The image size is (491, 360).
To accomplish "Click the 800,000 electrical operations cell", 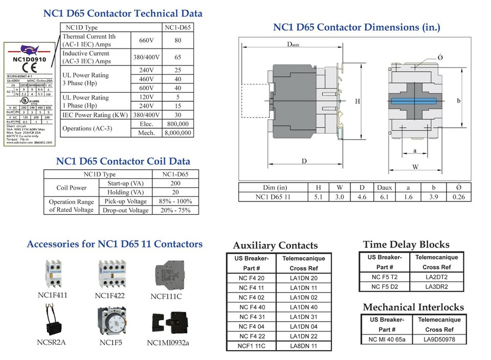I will [177, 124].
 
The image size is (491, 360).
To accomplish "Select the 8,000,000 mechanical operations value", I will [177, 133].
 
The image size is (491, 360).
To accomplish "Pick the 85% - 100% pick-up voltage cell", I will [175, 201].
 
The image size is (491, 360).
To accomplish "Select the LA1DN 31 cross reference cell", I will [303, 317].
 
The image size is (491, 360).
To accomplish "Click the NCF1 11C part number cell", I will [252, 346].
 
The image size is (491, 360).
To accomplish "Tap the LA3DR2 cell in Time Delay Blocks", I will [436, 286].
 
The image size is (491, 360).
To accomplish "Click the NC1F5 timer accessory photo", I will [111, 321].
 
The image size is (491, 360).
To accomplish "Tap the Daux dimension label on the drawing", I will [293, 45].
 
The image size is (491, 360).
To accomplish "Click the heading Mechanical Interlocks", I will [413, 307].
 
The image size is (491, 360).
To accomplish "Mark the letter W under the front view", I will [415, 167].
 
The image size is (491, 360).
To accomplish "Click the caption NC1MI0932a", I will [168, 342].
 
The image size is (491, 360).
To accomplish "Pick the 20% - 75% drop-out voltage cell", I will [175, 210].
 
